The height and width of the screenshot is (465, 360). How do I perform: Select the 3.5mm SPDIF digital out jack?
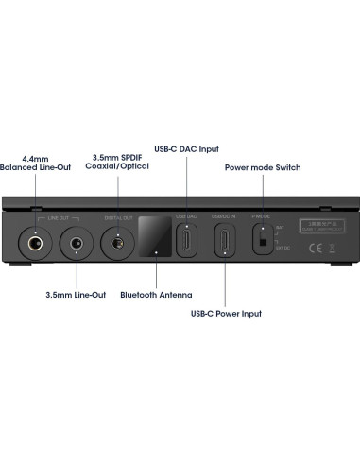pos(118,243)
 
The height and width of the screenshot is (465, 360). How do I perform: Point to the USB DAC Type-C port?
pos(187,242)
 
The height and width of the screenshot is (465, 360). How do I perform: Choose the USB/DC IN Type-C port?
pos(225,242)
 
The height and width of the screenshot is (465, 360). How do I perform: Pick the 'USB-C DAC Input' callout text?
pos(185,147)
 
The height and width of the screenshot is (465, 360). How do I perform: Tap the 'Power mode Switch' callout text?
pos(262,166)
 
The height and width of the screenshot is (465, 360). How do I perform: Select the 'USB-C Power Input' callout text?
pos(226,313)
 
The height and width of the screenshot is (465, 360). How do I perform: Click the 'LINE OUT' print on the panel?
pos(58,217)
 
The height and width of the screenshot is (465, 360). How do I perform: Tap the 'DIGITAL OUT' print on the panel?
pos(118,218)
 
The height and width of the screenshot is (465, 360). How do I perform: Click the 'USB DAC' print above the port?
pos(187,217)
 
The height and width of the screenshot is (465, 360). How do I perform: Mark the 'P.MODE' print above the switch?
pos(263,216)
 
